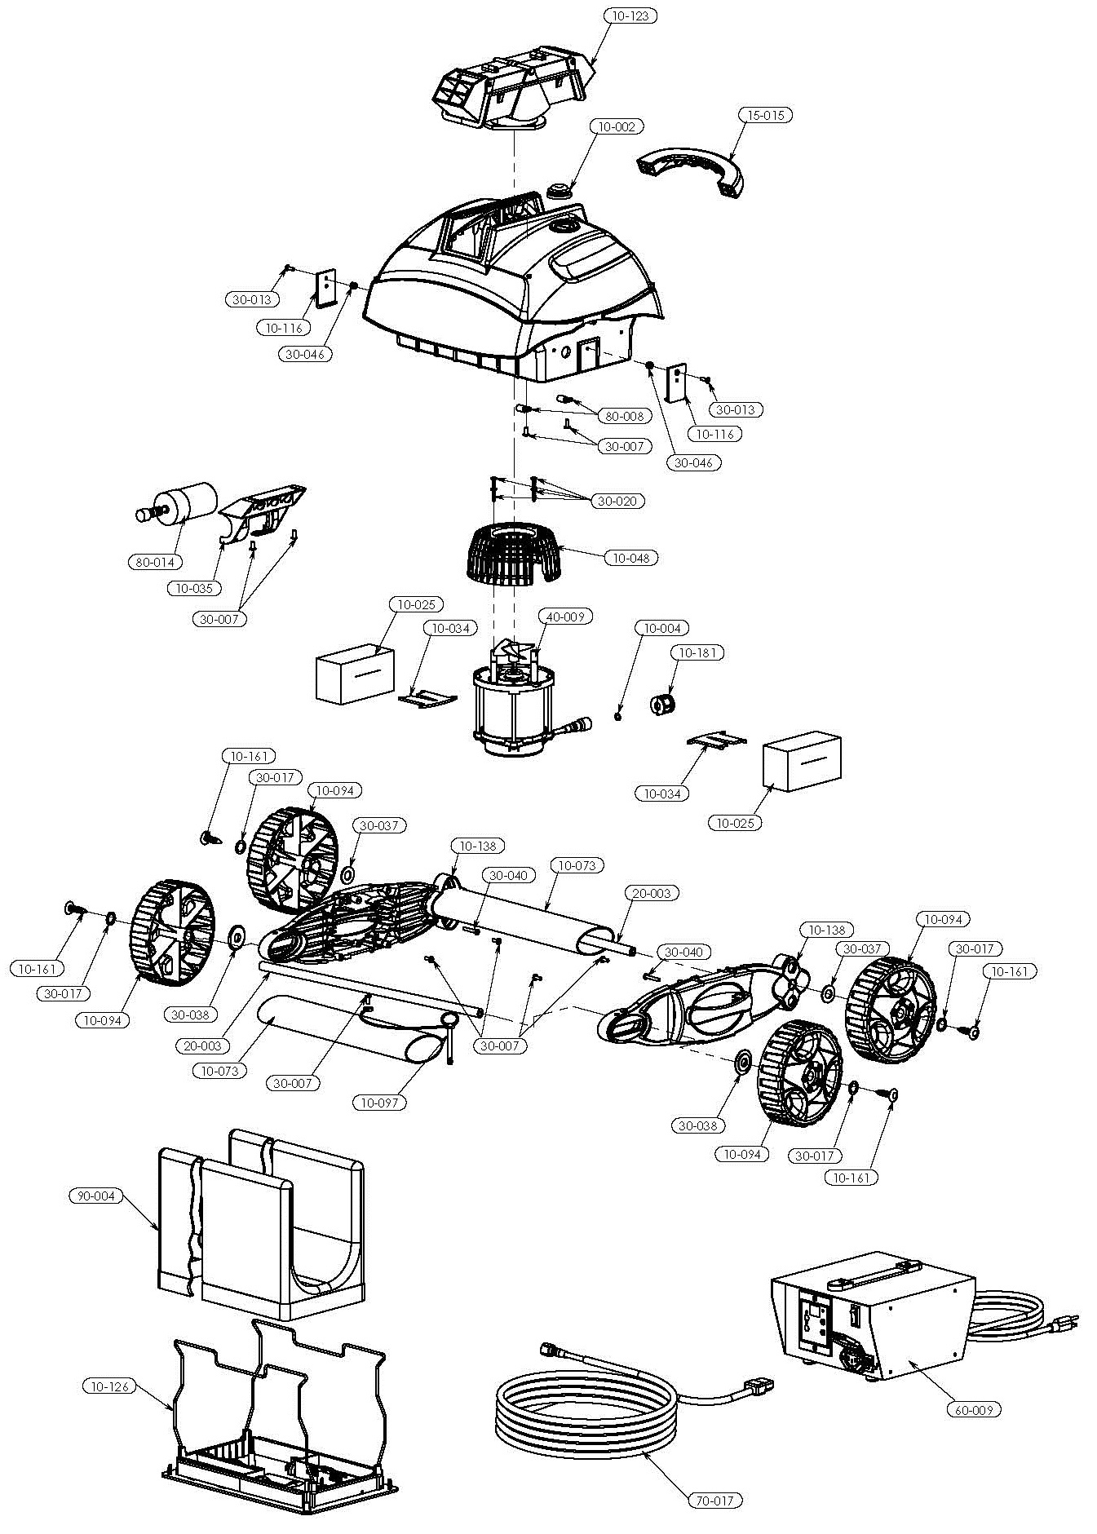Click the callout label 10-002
[616, 126]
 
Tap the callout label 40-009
[564, 617]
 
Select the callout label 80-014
[153, 562]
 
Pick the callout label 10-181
[697, 652]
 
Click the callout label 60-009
[973, 1409]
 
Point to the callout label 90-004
[95, 1196]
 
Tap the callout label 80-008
[625, 416]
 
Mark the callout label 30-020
[617, 501]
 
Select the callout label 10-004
[661, 628]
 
